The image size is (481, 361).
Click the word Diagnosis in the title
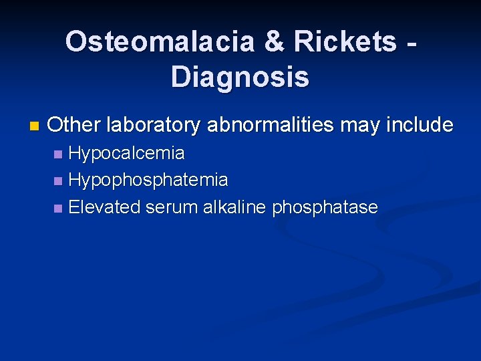click(x=240, y=77)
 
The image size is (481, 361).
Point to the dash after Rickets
click(x=413, y=44)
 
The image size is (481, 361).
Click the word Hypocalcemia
click(x=127, y=154)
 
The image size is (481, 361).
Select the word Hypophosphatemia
click(x=148, y=180)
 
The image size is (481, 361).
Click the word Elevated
click(x=104, y=207)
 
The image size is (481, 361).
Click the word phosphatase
click(x=325, y=207)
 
